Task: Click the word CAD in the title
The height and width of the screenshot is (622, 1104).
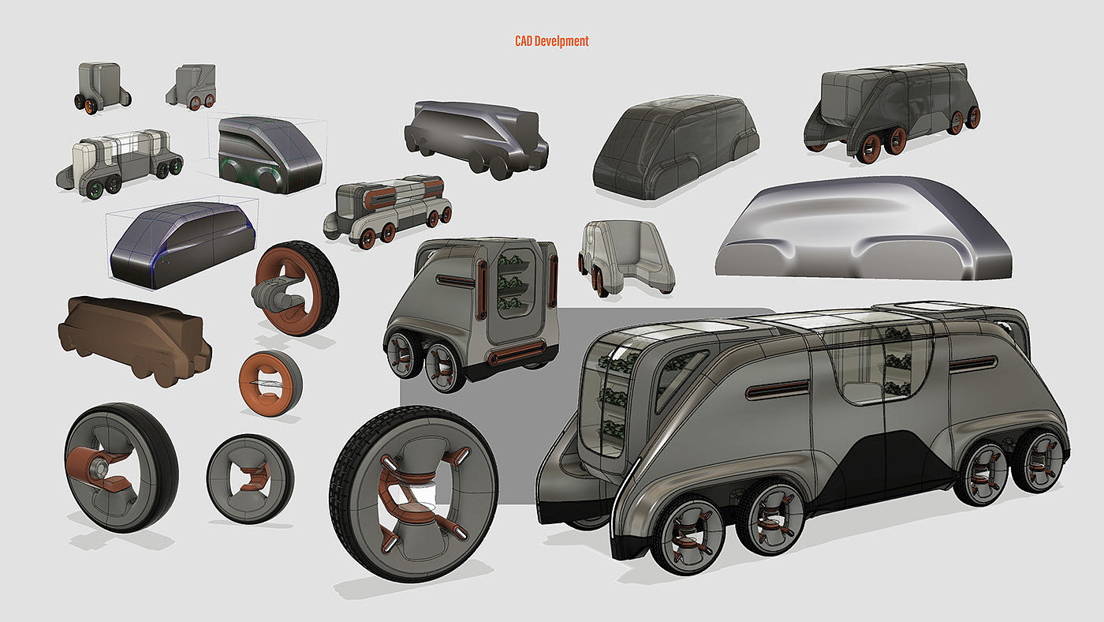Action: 524,41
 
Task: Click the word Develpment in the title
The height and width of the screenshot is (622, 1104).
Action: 561,41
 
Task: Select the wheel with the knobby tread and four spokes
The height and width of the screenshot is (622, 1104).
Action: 414,493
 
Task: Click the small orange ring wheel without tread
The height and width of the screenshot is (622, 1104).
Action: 270,383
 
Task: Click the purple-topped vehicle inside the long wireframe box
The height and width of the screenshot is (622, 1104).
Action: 182,244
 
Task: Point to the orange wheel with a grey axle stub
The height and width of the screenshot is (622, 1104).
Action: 296,289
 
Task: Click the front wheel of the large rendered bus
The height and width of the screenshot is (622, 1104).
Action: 688,534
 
